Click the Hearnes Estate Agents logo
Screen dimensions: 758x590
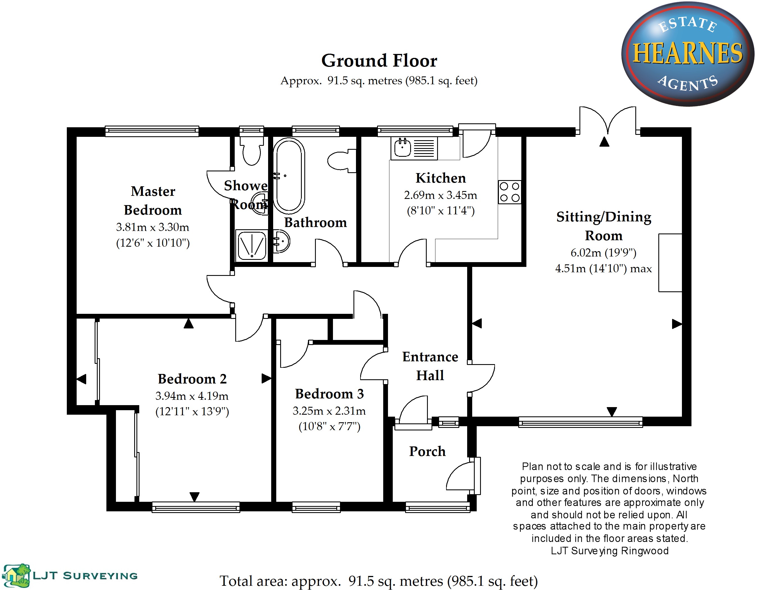click(x=687, y=54)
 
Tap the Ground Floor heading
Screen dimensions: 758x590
click(x=379, y=61)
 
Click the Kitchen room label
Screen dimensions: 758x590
click(x=440, y=178)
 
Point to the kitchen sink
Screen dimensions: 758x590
click(x=403, y=148)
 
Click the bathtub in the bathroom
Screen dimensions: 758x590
click(x=289, y=175)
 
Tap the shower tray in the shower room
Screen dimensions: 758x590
click(x=251, y=246)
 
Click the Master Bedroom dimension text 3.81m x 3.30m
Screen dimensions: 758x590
click(x=153, y=227)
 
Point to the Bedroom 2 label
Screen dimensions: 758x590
click(x=192, y=379)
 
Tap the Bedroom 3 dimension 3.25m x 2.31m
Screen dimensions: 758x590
click(x=329, y=411)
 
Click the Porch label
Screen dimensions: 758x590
click(x=427, y=451)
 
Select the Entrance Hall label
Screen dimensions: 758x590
click(x=430, y=366)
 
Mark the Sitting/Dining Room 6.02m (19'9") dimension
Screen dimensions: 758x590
click(x=603, y=253)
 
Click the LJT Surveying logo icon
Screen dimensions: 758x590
click(x=17, y=575)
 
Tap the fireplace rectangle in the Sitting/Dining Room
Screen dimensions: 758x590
click(x=670, y=262)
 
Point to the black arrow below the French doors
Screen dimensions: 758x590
click(x=604, y=142)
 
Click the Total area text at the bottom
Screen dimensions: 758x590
click(x=379, y=581)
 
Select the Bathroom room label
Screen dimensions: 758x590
click(x=316, y=223)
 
